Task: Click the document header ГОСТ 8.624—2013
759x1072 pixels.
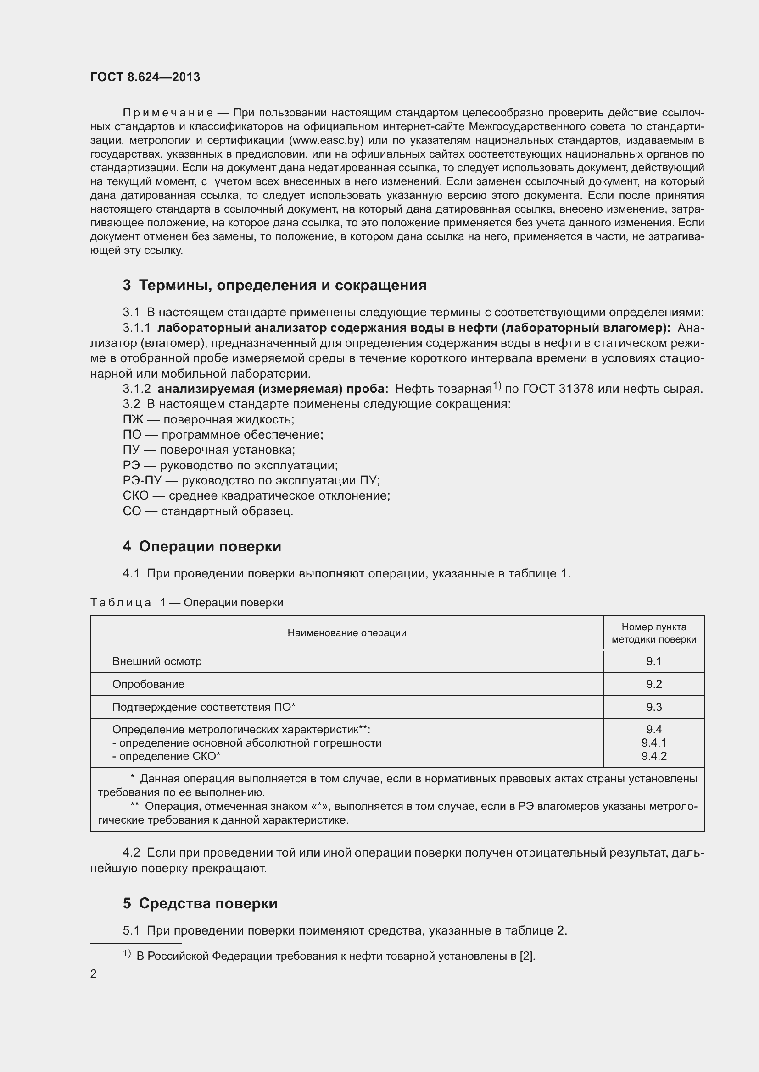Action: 145,77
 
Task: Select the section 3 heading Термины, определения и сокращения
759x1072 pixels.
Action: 275,285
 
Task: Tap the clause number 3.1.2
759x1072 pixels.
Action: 136,389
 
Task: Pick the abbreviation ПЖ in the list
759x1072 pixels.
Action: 133,420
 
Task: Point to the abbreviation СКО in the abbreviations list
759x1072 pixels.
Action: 135,496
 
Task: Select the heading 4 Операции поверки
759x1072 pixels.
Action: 202,547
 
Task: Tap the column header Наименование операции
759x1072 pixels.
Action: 347,633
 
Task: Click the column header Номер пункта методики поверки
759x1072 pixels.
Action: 654,633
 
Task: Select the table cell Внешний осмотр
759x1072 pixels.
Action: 157,661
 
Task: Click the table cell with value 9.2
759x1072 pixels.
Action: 654,684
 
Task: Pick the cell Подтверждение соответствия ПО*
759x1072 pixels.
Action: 204,707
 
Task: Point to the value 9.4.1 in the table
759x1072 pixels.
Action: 654,743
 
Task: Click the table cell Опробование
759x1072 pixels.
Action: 148,684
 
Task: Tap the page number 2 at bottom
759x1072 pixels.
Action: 94,973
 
